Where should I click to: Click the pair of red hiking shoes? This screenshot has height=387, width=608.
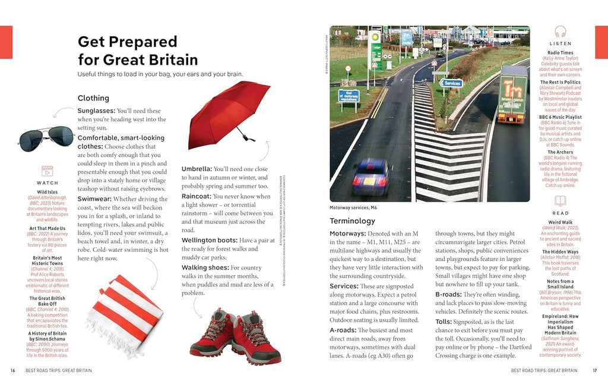click(235, 336)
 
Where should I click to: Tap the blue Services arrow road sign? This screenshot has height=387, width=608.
click(451, 83)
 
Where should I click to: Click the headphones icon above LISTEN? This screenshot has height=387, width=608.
click(560, 32)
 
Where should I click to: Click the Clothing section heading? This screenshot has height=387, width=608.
click(93, 98)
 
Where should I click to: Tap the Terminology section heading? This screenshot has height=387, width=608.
click(352, 221)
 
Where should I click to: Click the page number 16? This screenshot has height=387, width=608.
click(12, 370)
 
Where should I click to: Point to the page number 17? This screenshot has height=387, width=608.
click(594, 370)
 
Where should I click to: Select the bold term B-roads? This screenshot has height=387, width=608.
click(452, 294)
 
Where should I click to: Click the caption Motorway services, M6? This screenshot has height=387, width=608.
click(353, 207)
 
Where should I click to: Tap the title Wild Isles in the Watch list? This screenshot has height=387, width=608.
click(47, 192)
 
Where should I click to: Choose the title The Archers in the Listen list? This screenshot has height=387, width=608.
click(560, 152)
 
